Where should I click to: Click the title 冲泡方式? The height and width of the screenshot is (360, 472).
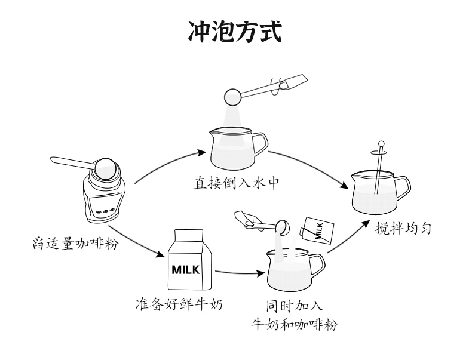coord(235,31)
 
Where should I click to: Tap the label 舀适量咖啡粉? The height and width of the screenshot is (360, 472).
coord(75,243)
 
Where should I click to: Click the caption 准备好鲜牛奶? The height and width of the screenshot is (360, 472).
coord(179,306)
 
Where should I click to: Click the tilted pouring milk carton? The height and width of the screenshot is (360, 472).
coord(316,229)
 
